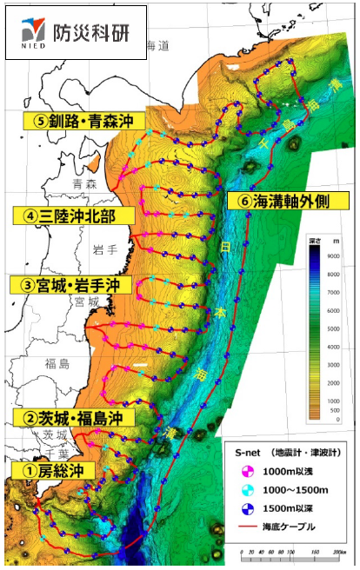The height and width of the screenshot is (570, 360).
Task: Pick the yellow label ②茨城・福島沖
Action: (74, 417)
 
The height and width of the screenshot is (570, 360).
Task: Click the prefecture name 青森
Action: (85, 183)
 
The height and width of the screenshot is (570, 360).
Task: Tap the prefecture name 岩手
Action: (104, 250)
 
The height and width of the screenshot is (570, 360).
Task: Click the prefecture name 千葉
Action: (36, 454)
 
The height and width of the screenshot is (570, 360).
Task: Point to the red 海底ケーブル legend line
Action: (247, 528)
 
